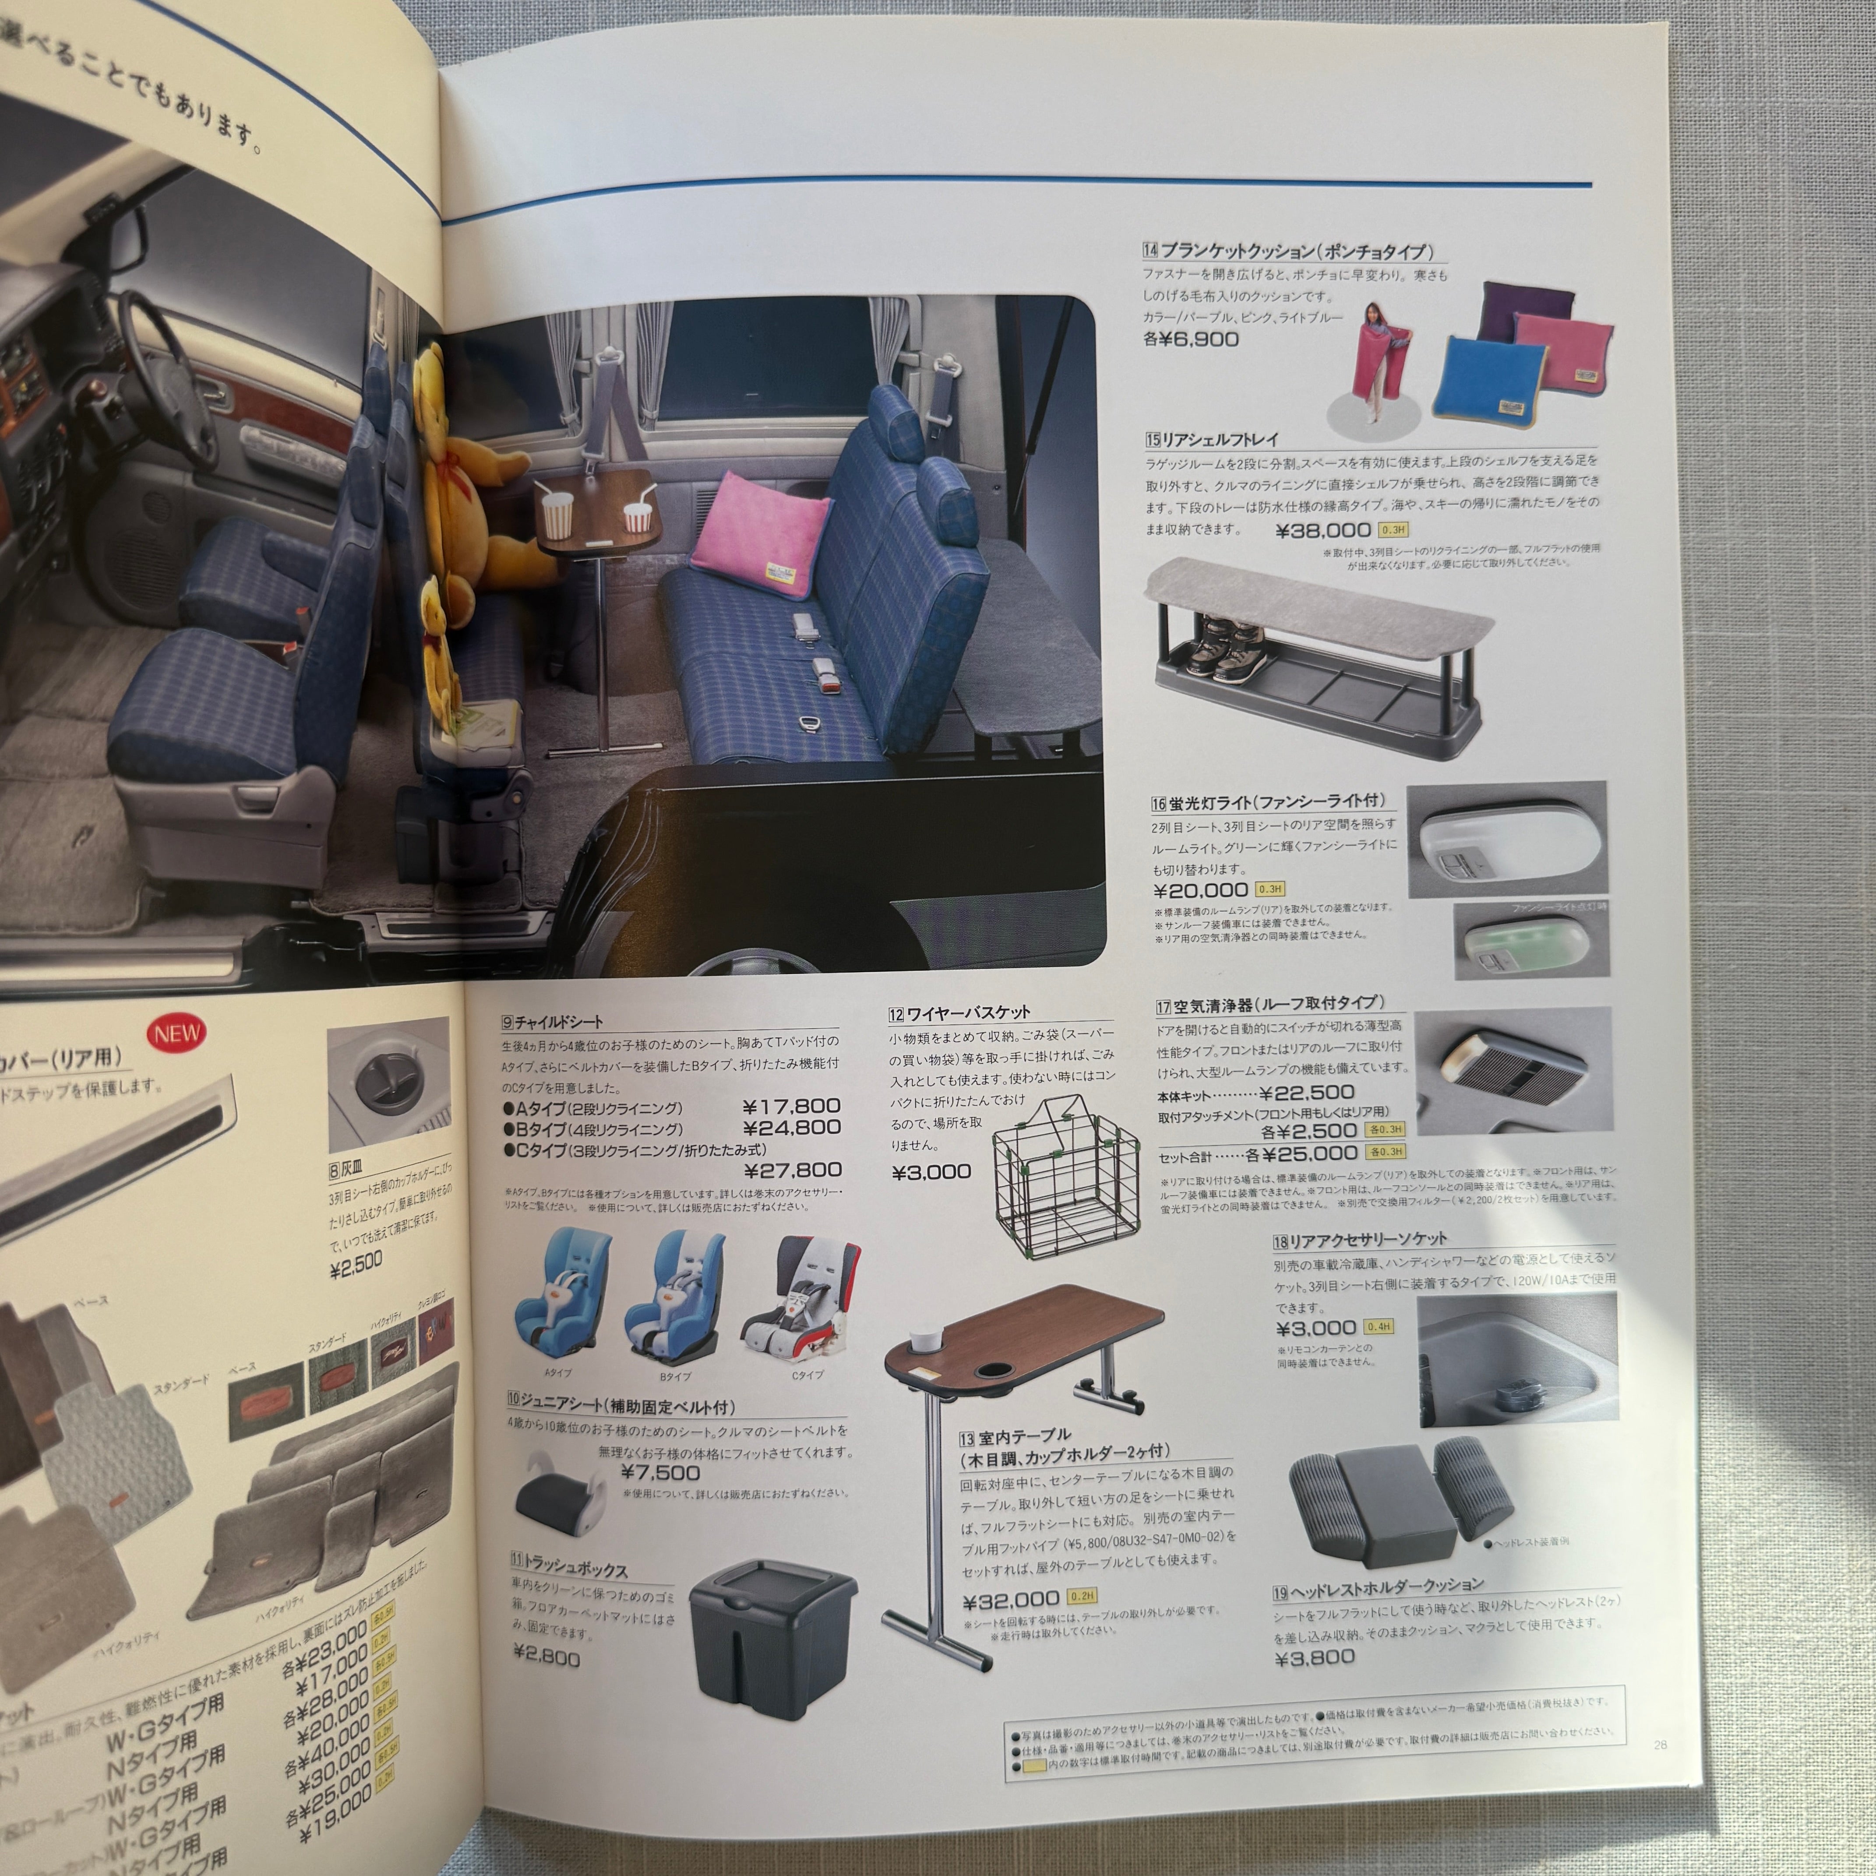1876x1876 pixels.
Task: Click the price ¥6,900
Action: [x=1192, y=339]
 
